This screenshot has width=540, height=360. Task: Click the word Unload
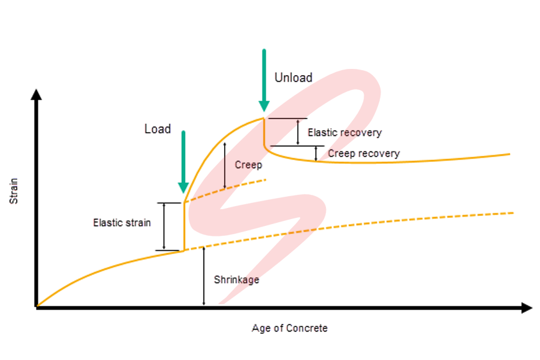coord(293,78)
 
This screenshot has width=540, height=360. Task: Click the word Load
coord(157,129)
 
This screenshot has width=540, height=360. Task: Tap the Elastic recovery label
coord(344,132)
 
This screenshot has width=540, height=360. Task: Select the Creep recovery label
coord(364,153)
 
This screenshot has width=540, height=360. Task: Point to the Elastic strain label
coord(122,222)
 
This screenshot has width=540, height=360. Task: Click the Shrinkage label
coord(236,280)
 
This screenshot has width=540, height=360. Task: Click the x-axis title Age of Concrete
coord(289,328)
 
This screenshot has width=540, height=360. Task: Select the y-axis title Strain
coord(14,192)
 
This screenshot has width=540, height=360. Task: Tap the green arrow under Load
coord(183,161)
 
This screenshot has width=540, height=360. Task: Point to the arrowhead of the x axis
coord(527,307)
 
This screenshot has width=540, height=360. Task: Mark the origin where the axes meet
coord(37,307)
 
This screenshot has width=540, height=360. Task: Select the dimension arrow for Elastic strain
coord(164,227)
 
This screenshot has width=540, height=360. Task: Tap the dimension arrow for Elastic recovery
coord(298,132)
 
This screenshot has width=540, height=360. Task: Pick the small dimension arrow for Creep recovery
coord(317,153)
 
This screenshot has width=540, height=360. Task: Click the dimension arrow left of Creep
coord(225,165)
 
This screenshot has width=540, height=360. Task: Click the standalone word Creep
coord(248,165)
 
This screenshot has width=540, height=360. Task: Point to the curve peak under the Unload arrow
coord(264,118)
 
